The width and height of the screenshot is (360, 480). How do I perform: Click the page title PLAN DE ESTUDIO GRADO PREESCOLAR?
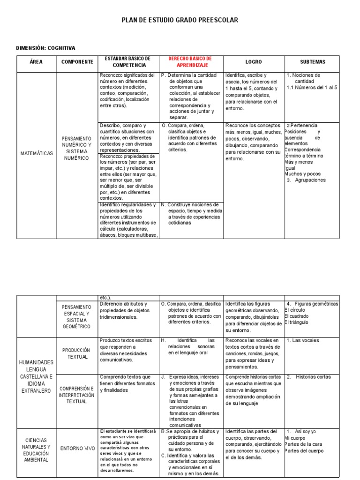[180, 20]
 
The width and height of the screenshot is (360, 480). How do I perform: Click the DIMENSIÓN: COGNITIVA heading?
[46, 48]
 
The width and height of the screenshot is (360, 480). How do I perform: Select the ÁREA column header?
[36, 62]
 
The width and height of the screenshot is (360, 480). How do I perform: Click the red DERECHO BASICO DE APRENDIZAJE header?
[190, 61]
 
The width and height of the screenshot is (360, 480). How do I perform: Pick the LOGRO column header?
[254, 62]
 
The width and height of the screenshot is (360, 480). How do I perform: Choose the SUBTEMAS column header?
[312, 62]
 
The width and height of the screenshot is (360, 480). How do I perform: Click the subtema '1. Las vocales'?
[303, 340]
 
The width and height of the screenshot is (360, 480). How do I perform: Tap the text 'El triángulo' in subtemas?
[297, 322]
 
